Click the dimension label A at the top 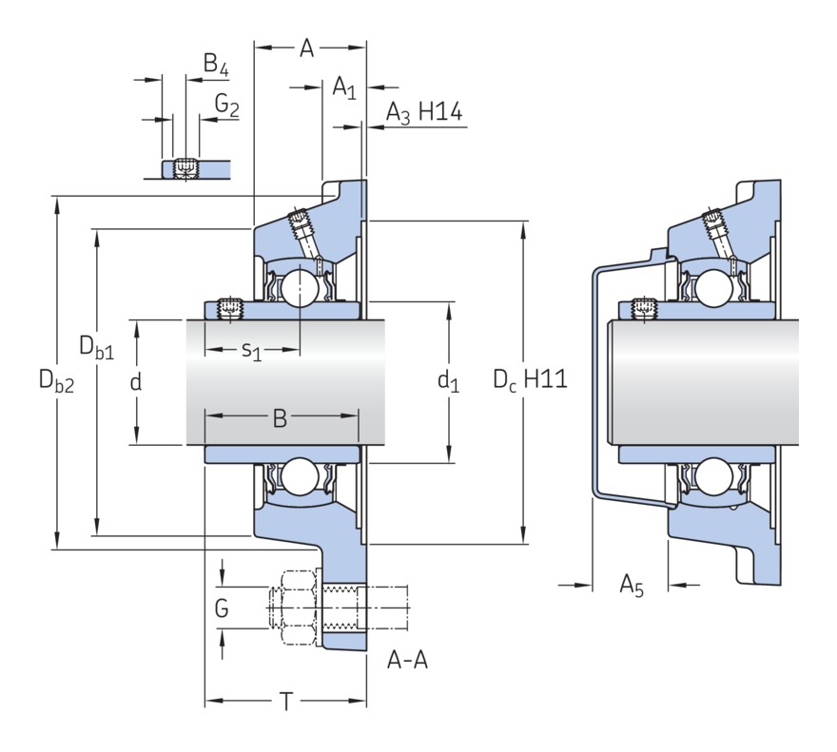pos(306,49)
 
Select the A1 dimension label pos(343,89)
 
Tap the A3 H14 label pos(423,113)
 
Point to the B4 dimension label pos(216,65)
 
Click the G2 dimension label pos(226,105)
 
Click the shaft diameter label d pos(136,382)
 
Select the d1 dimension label pos(448,382)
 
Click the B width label pos(280,418)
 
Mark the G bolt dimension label pos(222,608)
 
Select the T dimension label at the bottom pos(285,704)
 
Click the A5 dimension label pos(633,585)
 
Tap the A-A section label pos(407,660)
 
